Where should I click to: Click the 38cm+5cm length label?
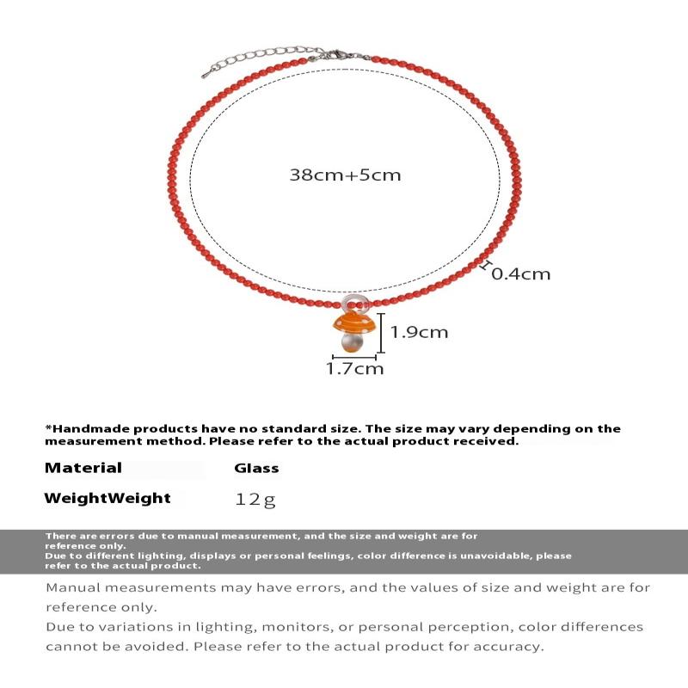[345, 175]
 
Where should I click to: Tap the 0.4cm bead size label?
[520, 274]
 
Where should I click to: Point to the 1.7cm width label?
[354, 369]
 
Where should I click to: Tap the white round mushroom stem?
[351, 343]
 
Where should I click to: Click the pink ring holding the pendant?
[353, 302]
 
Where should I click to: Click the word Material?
[83, 468]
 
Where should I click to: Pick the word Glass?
[256, 469]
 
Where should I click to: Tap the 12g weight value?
[256, 499]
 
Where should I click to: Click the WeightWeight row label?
[107, 498]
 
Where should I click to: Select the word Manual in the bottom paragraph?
[74, 588]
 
